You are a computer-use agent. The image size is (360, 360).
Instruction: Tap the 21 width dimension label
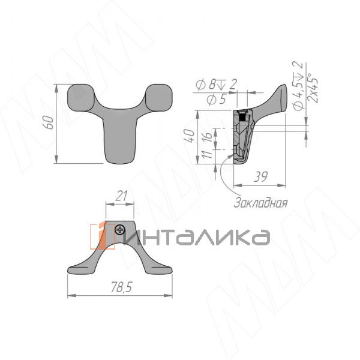[x=120, y=196]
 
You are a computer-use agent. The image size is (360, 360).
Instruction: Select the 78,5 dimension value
[x=121, y=289]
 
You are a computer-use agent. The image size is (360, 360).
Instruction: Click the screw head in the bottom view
[x=121, y=229]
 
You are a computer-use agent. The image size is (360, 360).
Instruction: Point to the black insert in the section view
[x=242, y=118]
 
